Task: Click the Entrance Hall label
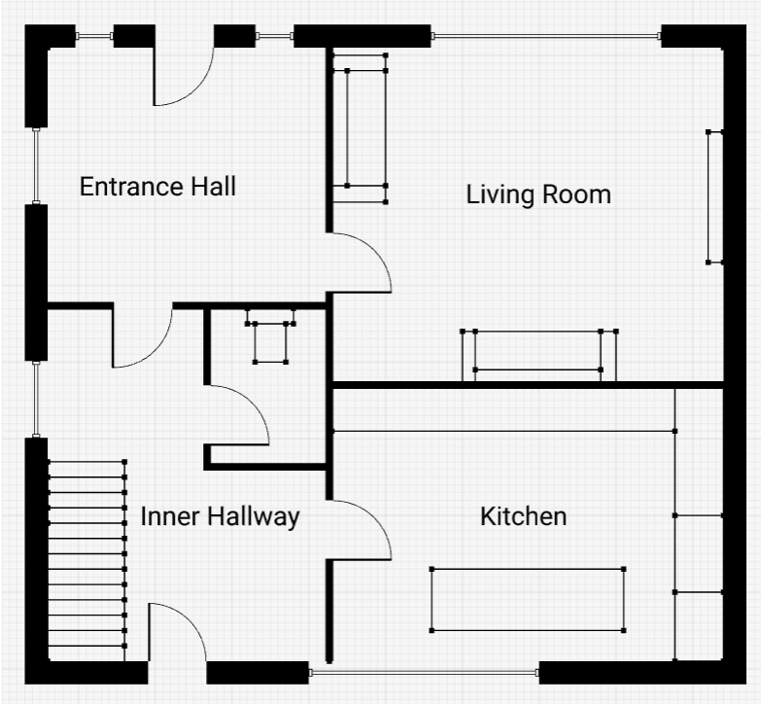(157, 187)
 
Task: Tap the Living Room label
(538, 194)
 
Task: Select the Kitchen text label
(523, 516)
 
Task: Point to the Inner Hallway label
(220, 516)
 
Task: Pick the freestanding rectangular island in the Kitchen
(528, 600)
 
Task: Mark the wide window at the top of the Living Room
(546, 36)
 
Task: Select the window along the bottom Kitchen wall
(424, 673)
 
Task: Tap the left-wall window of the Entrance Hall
(36, 165)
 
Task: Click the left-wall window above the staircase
(36, 399)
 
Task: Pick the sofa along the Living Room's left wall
(361, 128)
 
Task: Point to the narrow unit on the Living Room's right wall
(715, 197)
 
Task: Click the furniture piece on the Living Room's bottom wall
(538, 355)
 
